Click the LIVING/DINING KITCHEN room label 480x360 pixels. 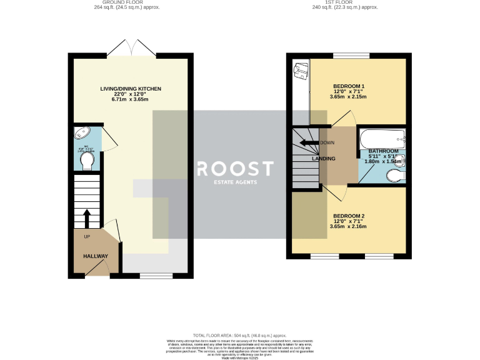[131, 89]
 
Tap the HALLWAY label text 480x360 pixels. [96, 256]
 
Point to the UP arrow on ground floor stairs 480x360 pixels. [86, 219]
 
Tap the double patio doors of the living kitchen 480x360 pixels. [131, 49]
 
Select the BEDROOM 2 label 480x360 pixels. [348, 216]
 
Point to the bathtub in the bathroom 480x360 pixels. [381, 137]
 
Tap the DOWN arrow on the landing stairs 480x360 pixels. [308, 142]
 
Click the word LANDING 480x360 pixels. [324, 159]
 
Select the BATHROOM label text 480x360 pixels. [383, 151]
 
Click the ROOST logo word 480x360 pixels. [235, 169]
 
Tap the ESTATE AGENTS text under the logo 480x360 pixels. [235, 182]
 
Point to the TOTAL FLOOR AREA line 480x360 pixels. [240, 335]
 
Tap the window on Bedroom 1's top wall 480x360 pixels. [346, 56]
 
